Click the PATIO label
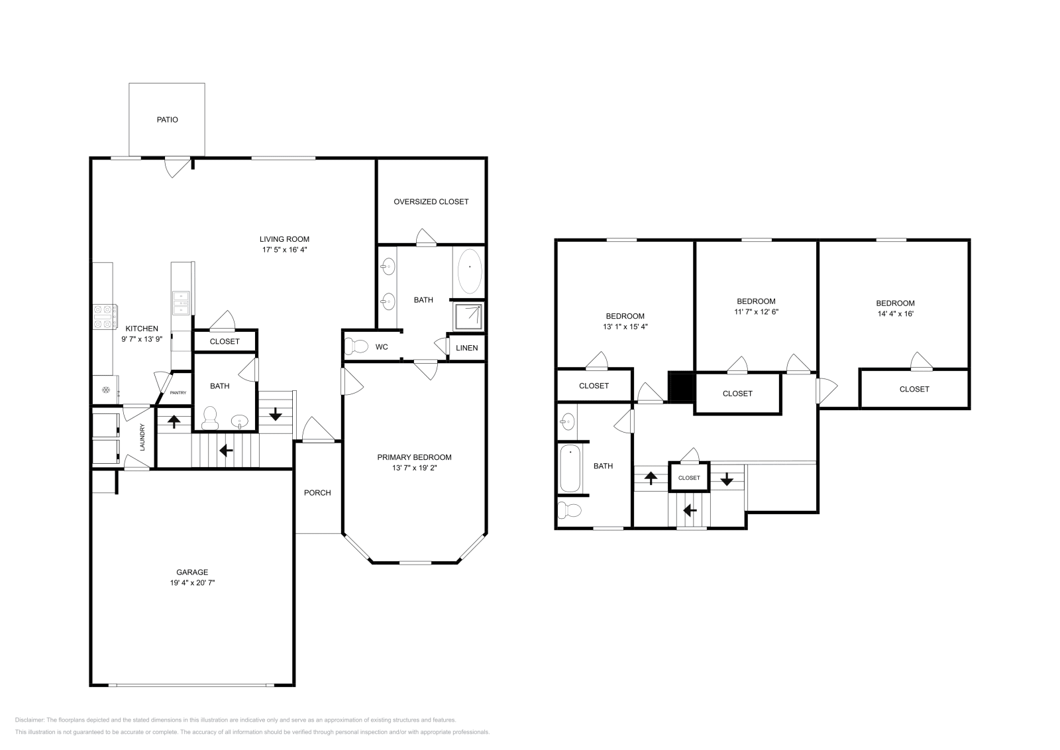tap(167, 120)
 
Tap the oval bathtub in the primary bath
tap(469, 270)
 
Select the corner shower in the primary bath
tap(469, 316)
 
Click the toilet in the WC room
tap(357, 347)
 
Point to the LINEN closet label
tap(466, 348)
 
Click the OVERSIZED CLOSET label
tap(431, 201)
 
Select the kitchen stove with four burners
tap(105, 316)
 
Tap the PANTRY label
tap(178, 393)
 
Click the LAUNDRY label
tap(142, 437)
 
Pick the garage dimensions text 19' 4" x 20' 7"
tap(192, 583)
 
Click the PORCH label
tap(317, 492)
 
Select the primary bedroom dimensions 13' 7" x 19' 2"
tap(414, 468)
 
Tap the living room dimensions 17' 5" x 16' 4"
tap(284, 250)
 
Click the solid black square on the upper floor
tap(680, 387)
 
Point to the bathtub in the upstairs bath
tap(570, 469)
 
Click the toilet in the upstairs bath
tap(569, 510)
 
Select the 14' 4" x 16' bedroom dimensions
tap(895, 313)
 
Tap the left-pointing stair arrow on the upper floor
tap(690, 510)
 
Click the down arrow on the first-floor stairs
tap(276, 415)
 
